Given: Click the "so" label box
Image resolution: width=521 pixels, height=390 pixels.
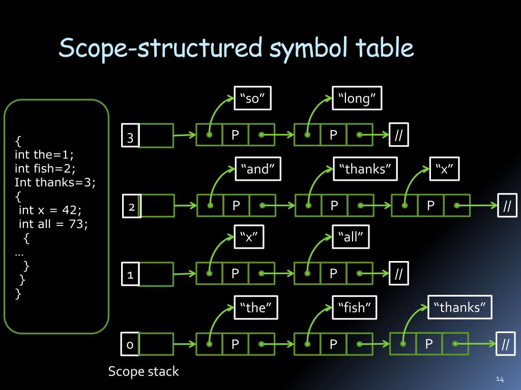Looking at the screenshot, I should [x=252, y=99].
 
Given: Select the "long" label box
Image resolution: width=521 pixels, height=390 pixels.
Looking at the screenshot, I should [x=357, y=99].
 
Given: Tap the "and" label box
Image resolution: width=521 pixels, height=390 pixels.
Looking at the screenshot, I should [x=257, y=169].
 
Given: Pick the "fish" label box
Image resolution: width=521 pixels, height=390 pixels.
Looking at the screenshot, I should [x=354, y=307].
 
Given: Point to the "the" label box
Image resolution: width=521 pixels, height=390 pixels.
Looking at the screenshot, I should [x=255, y=307].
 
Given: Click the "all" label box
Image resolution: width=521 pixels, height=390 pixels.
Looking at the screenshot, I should [x=350, y=237].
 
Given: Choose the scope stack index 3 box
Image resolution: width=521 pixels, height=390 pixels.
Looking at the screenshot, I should [x=130, y=137].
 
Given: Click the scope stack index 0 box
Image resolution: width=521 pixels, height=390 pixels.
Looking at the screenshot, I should [x=130, y=345].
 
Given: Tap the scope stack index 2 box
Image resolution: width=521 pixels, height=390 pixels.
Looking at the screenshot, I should [x=131, y=207].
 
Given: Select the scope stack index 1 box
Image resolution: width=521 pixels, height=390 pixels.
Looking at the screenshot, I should [x=130, y=275].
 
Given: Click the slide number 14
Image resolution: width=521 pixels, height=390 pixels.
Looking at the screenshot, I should [x=499, y=379].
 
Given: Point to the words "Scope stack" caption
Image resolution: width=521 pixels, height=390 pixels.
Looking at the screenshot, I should [x=143, y=371].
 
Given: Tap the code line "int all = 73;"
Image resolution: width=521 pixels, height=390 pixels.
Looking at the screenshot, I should [x=53, y=223].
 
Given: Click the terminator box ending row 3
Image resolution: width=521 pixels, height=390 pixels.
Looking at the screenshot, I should [x=398, y=136].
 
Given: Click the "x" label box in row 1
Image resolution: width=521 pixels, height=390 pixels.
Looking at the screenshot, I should [x=249, y=237].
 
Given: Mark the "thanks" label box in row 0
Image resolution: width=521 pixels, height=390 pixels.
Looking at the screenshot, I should [x=460, y=307].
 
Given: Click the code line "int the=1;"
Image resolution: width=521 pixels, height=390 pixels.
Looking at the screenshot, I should [x=44, y=154].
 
